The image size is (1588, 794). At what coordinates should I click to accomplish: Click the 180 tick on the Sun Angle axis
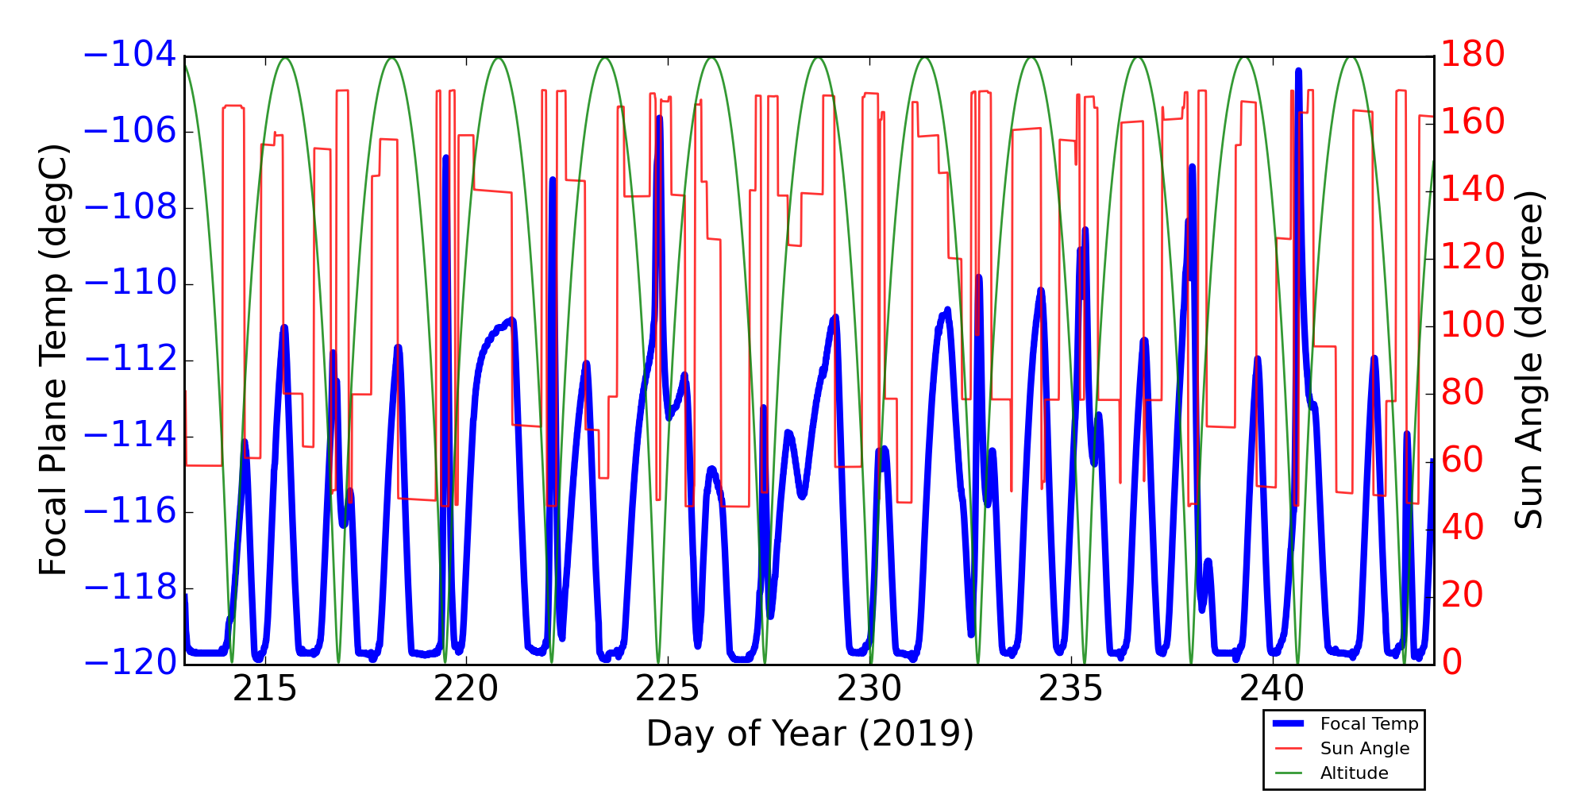[1473, 56]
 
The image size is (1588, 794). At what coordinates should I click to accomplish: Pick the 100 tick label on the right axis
[1473, 326]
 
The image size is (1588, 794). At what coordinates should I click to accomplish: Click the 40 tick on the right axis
[1463, 528]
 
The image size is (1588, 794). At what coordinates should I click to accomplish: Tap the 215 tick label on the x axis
[264, 689]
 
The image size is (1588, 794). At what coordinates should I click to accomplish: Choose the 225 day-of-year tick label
[668, 689]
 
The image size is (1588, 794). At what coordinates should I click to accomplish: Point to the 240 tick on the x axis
[1273, 689]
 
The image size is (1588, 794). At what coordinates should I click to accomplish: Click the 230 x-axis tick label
[869, 689]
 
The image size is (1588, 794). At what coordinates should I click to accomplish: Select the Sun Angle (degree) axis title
[1528, 360]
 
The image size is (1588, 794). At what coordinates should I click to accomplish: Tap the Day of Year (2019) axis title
[810, 734]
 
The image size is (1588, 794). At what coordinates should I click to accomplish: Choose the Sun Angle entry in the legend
[1364, 749]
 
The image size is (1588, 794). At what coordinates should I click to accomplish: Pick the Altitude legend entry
[1354, 773]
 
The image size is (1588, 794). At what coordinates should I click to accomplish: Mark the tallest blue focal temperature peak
[1298, 71]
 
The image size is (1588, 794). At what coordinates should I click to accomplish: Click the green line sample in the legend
[1289, 773]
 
